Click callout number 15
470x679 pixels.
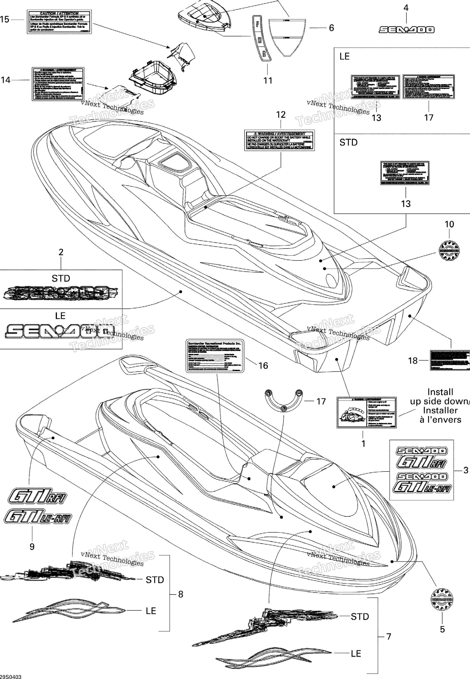(x=5, y=20)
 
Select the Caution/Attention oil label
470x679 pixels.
(x=59, y=22)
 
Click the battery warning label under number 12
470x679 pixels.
(x=279, y=140)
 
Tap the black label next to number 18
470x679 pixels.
(x=449, y=360)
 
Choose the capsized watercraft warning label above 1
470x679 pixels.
(x=366, y=412)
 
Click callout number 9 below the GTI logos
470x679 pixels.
(x=32, y=546)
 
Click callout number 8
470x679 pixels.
(x=180, y=594)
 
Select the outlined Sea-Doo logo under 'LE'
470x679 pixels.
(x=60, y=331)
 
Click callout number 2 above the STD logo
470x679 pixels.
(x=61, y=252)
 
